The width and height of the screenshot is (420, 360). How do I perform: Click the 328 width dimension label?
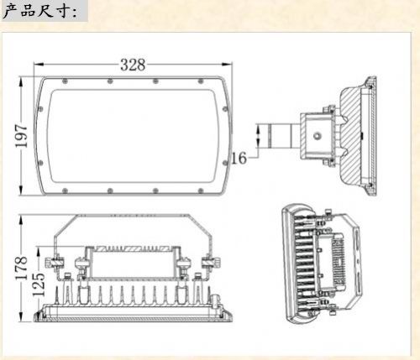pos(133,65)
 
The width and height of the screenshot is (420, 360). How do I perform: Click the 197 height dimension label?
pos(21,136)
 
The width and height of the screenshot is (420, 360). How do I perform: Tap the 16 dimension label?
pos(239,158)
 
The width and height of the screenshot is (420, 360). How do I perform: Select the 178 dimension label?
pos(21,268)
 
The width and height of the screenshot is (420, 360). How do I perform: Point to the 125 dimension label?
pos(39,284)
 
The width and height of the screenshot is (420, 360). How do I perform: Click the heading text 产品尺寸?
pos(39,11)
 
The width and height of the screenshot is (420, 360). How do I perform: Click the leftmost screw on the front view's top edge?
pos(65,81)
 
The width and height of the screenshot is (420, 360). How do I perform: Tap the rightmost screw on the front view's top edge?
pos(201,81)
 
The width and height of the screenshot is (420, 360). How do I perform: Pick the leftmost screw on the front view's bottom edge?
pos(65,190)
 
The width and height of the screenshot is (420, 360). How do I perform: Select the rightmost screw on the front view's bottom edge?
pos(201,190)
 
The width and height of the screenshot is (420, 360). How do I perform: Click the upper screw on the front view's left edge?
pos(40,108)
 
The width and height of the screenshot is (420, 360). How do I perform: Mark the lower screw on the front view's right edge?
pos(225,163)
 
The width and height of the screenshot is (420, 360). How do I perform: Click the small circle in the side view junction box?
pos(318,136)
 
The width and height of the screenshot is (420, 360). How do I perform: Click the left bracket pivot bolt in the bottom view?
pos(55,263)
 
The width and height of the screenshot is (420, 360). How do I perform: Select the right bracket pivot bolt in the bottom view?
pos(212,263)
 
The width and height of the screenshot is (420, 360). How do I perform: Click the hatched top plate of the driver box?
pos(133,248)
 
